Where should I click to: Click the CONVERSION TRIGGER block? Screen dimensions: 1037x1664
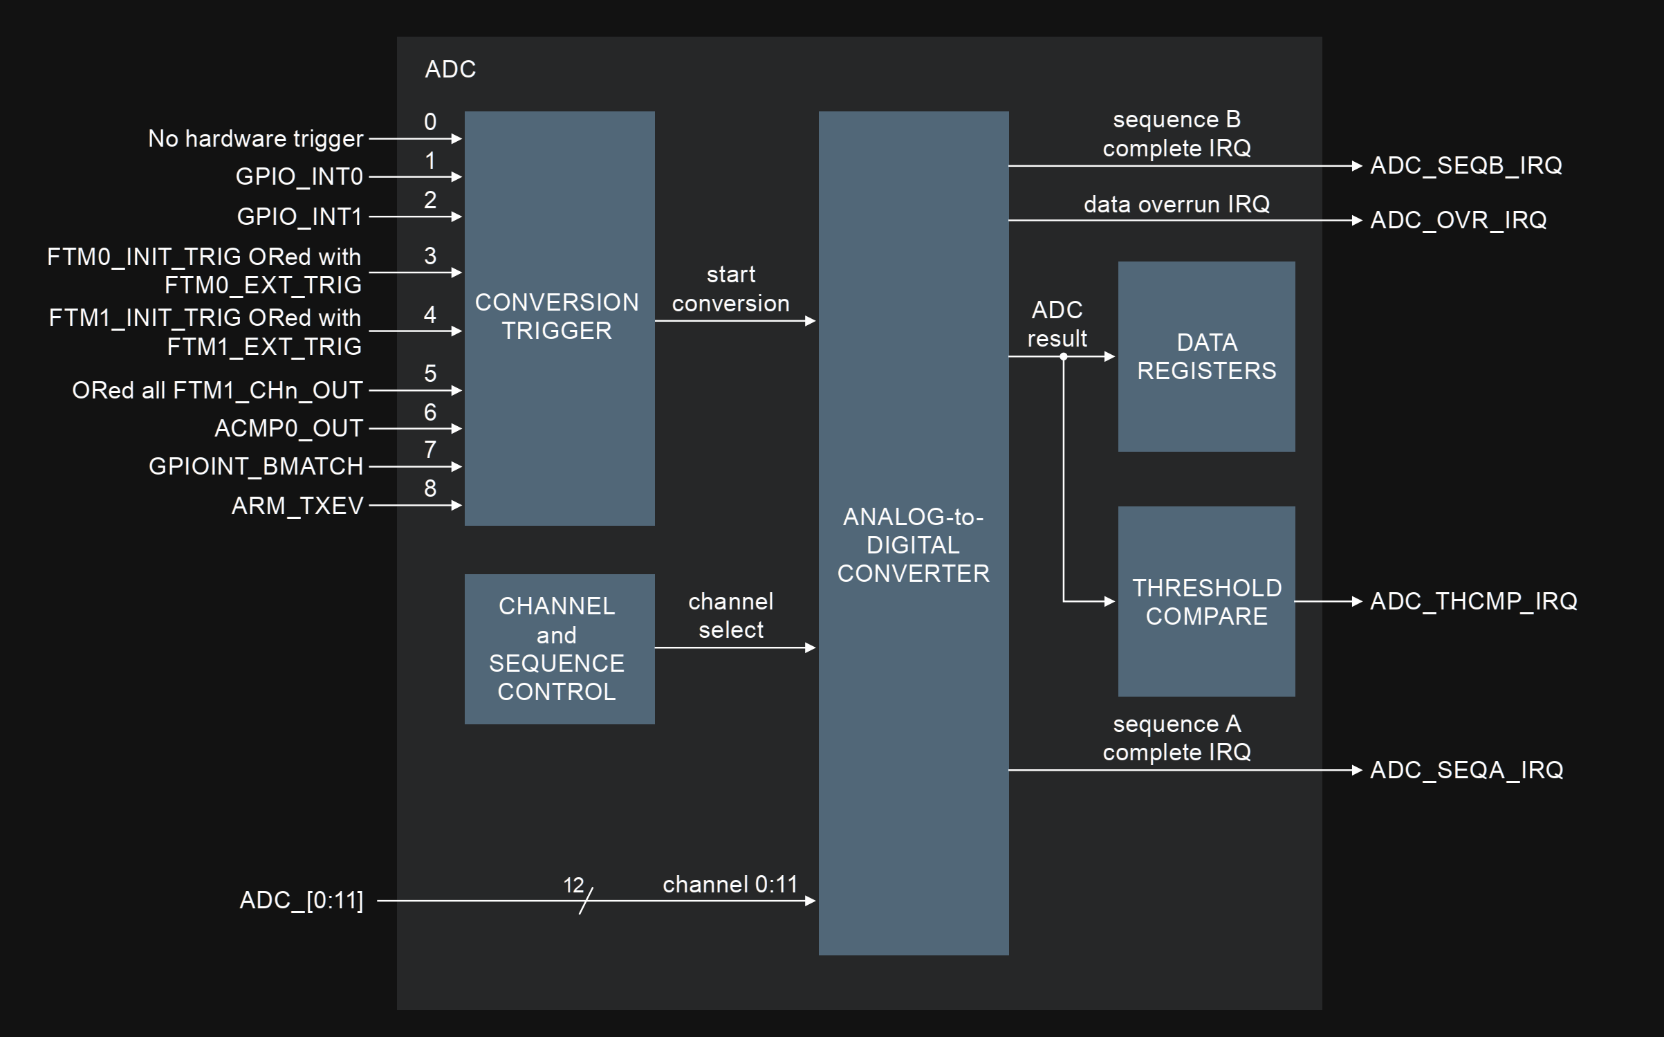click(559, 318)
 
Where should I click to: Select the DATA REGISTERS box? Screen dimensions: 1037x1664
click(1206, 356)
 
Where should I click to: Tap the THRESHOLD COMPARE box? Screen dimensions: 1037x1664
click(1206, 601)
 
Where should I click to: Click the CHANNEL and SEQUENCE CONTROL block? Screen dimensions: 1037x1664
click(559, 649)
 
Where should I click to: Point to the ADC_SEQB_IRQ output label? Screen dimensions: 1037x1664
click(1466, 166)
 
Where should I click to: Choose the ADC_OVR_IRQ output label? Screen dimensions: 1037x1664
click(1458, 220)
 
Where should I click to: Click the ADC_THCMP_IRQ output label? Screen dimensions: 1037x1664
click(1473, 601)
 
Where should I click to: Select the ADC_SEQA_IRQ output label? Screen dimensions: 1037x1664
click(1466, 770)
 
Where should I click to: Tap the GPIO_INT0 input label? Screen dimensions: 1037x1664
click(299, 177)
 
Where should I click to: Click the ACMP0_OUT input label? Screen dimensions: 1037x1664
click(288, 429)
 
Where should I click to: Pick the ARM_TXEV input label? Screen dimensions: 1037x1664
click(297, 506)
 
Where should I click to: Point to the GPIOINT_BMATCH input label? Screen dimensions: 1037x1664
click(256, 467)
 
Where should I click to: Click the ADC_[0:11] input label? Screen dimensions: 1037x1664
click(301, 901)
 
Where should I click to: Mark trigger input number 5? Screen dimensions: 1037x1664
click(430, 374)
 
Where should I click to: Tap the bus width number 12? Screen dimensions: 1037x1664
click(573, 885)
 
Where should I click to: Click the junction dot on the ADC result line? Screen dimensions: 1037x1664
click(1064, 357)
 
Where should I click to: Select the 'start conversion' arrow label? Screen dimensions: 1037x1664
click(730, 289)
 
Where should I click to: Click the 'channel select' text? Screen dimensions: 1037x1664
click(730, 616)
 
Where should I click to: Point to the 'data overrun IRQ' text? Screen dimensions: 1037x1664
click(1176, 204)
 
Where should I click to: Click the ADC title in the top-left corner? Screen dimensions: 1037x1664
click(450, 69)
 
